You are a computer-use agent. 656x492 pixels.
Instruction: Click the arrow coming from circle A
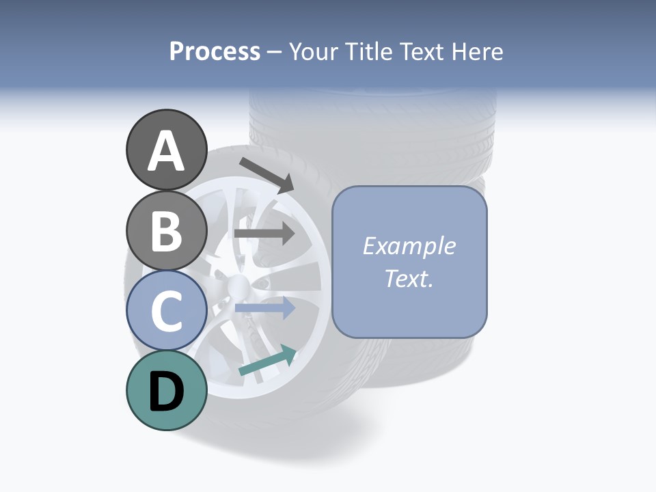click(x=266, y=174)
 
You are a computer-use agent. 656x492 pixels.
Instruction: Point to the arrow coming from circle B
click(x=264, y=233)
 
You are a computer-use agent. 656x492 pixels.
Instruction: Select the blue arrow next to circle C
click(x=264, y=308)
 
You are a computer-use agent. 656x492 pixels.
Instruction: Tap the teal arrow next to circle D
click(x=267, y=361)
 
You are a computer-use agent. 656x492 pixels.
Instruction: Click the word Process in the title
click(x=215, y=51)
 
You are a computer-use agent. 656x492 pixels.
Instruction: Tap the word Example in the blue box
click(x=409, y=246)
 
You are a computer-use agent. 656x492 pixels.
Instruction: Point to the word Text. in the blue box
click(x=409, y=278)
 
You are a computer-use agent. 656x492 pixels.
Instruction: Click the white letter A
click(x=166, y=151)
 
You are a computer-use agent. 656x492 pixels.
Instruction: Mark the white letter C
click(x=166, y=312)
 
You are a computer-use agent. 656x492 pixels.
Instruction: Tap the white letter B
click(x=166, y=231)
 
